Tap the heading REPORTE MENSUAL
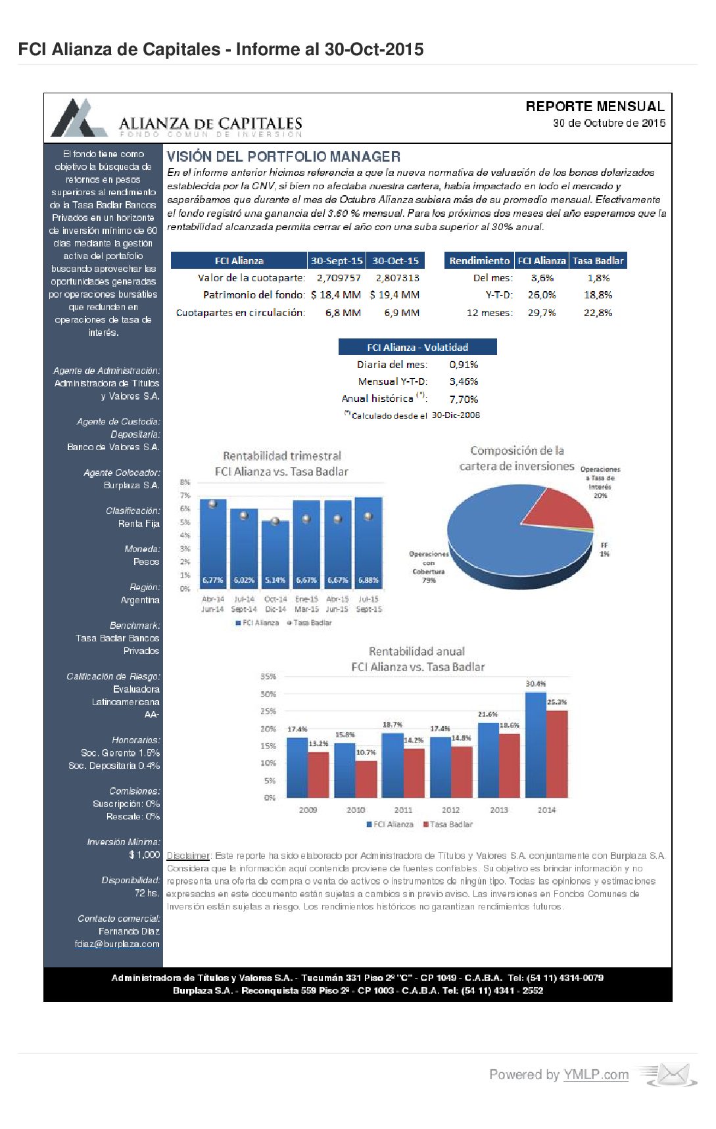594,106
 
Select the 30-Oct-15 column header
395,261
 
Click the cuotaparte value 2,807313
397,278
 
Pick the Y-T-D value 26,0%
542,295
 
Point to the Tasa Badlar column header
598,261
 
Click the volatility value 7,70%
464,399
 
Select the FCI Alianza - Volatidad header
418,347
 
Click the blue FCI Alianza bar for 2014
536,746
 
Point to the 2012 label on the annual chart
450,810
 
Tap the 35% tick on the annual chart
268,676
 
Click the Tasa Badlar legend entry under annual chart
448,824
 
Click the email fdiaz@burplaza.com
117,944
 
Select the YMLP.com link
596,1074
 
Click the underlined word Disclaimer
188,856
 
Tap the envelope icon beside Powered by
671,1074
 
